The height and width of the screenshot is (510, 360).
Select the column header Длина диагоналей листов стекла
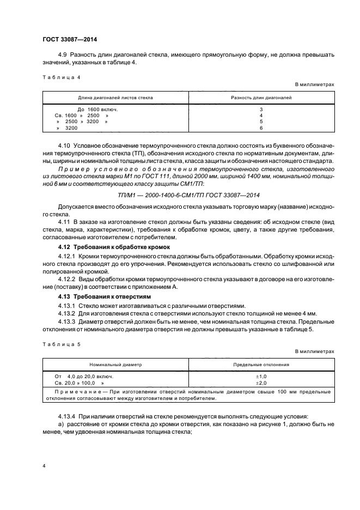pos(115,98)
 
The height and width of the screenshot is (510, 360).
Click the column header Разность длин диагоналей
pos(261,98)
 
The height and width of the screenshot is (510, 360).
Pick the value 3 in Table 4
pos(261,110)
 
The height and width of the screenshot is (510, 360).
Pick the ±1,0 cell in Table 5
pos(261,376)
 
